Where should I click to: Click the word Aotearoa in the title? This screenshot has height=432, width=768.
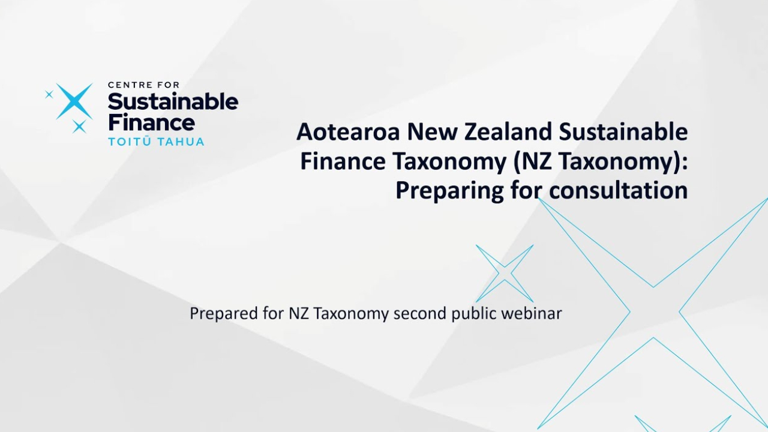[x=348, y=132]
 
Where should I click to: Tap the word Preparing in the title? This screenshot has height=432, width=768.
[x=449, y=191]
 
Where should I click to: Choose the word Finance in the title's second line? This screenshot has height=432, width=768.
[x=343, y=161]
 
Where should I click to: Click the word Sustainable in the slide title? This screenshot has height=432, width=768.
[x=623, y=131]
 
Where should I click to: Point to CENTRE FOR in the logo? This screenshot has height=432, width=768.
[x=143, y=85]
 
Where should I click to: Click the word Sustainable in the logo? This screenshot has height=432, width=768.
[x=173, y=101]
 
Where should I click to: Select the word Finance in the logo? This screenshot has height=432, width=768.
[x=152, y=122]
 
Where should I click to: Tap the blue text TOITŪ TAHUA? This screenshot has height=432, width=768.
[x=157, y=141]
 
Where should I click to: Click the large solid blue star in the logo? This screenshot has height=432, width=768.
[x=74, y=101]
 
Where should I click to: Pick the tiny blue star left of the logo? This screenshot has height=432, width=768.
[x=49, y=94]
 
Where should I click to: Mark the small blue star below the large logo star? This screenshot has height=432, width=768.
[x=79, y=127]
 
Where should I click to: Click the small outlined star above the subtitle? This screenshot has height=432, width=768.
[x=505, y=273]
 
